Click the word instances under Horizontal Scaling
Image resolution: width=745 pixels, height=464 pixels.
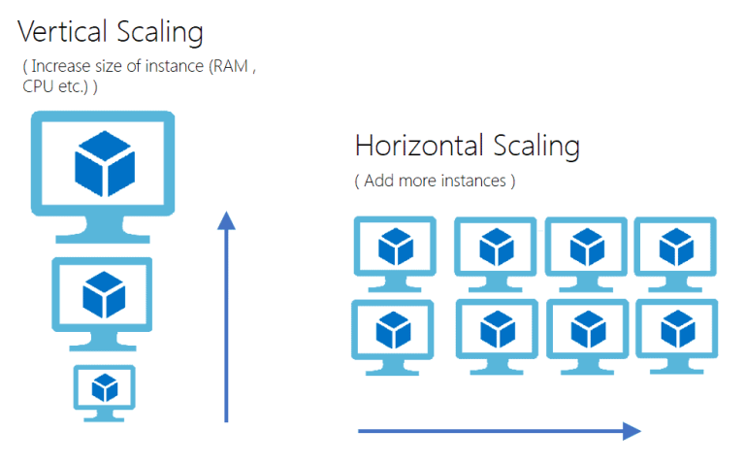coord(469,181)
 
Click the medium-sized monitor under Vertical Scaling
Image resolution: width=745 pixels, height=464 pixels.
coord(102,295)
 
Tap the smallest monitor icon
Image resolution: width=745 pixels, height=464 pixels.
coord(104,388)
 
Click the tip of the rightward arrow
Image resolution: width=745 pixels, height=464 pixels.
coord(639,431)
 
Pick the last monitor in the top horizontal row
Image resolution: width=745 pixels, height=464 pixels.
coord(676,248)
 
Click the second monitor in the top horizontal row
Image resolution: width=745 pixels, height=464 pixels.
coord(496,248)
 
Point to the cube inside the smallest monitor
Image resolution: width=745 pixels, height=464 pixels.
coord(104,387)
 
